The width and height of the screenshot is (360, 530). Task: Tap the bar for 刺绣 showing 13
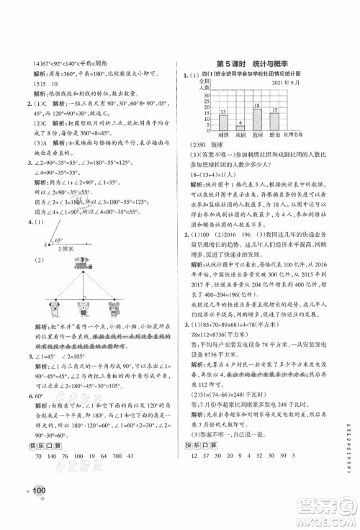pos(222,122)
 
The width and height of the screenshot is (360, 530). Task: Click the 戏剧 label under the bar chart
pos(240,135)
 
